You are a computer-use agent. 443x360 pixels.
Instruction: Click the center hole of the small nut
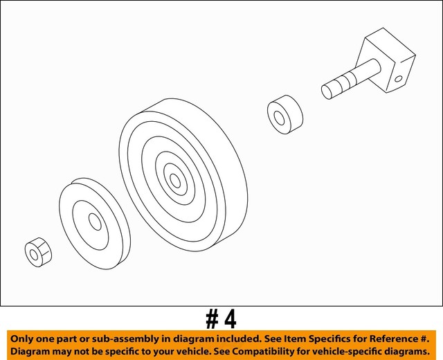pyautogui.click(x=35, y=254)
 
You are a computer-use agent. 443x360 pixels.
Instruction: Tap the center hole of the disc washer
pyautogui.click(x=96, y=222)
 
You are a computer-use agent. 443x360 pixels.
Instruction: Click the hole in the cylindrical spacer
pyautogui.click(x=280, y=117)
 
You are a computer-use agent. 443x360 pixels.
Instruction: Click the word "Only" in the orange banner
pyautogui.click(x=23, y=338)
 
